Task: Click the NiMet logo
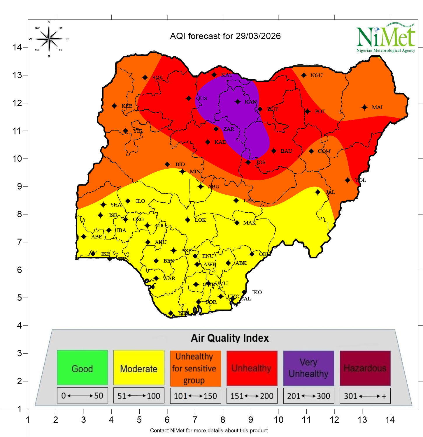pos(386,38)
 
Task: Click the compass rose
pos(49,39)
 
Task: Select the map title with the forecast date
pos(225,36)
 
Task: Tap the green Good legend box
pos(83,368)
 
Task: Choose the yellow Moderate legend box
pos(139,368)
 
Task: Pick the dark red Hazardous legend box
pos(365,368)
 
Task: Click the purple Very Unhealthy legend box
pos(308,368)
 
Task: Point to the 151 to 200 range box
pos(252,396)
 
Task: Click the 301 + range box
pos(365,396)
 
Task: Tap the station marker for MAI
pos(364,107)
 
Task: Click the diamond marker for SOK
pos(145,77)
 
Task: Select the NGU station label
pos(316,75)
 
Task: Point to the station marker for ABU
pos(201,186)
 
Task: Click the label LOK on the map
pos(200,220)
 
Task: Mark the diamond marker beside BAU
pos(273,151)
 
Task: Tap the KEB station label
pos(127,106)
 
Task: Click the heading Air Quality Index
pos(230,338)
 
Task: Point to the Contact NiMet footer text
pos(209,431)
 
